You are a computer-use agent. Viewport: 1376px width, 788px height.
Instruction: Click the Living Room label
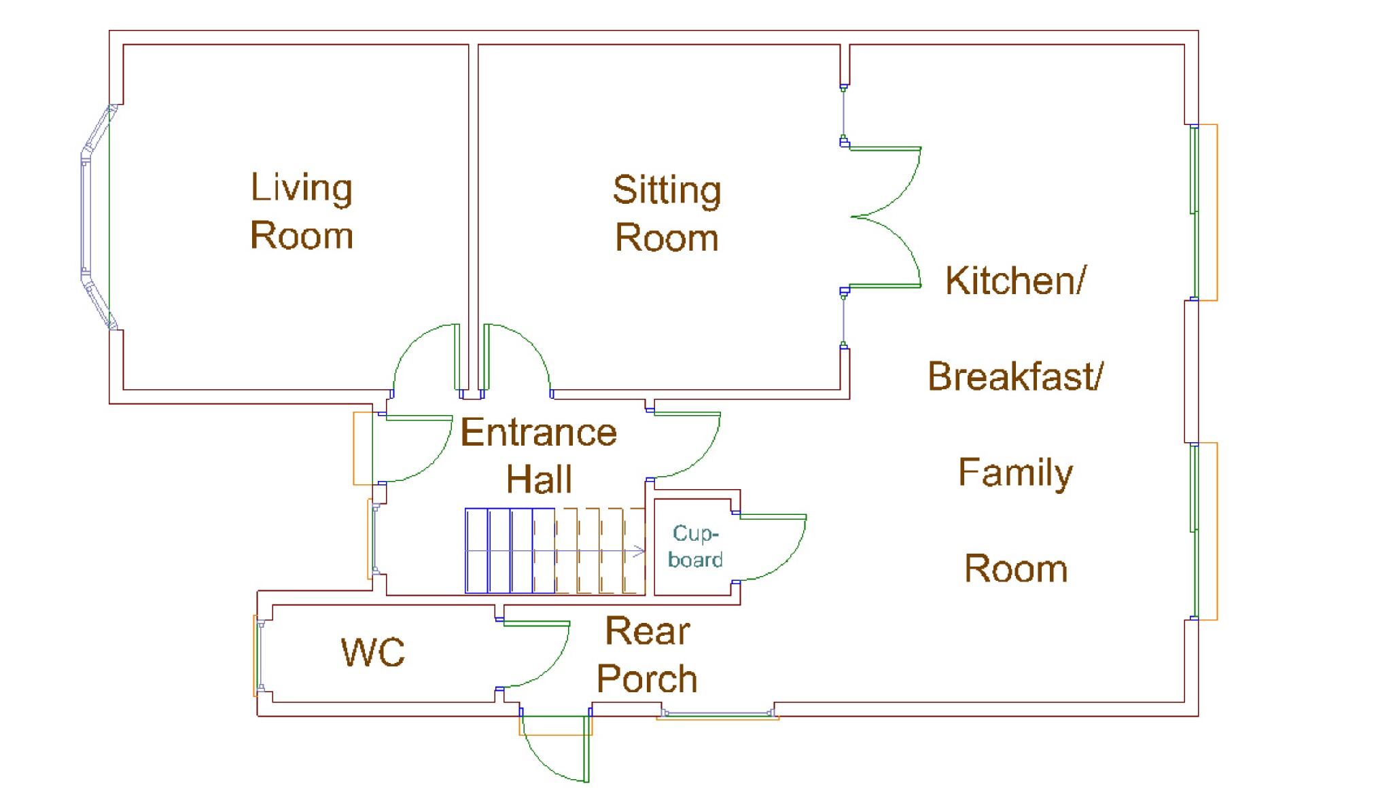302,211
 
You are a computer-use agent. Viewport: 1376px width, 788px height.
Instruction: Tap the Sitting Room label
667,213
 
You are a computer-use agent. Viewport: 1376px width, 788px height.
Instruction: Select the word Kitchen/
1015,280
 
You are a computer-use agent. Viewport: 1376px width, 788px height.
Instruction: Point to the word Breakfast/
1015,376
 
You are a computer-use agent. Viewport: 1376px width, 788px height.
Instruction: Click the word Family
1015,473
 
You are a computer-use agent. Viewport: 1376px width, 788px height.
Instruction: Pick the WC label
372,652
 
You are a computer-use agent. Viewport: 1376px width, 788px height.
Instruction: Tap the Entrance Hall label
538,455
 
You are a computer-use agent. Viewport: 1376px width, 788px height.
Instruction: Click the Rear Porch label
647,655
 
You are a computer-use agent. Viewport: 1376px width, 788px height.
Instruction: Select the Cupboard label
694,545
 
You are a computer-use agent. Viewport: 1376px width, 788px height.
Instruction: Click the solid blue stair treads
510,551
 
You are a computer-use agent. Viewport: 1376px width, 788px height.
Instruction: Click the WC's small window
259,656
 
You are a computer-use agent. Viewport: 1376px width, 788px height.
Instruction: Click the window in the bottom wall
718,713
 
